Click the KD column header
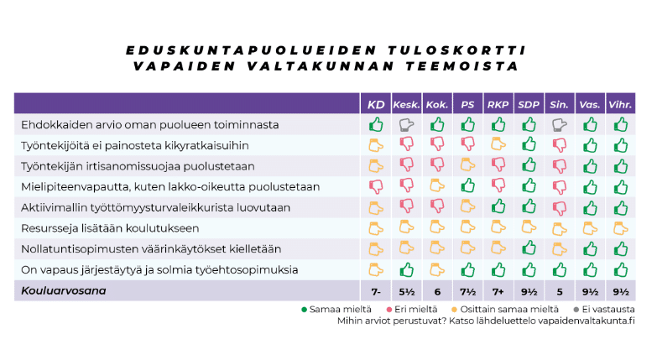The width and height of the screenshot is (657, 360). coord(376,104)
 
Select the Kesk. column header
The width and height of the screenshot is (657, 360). coord(407,104)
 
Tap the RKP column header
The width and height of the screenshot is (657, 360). coord(498,104)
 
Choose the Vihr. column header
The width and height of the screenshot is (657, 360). coord(620,104)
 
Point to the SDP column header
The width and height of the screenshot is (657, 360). coord(529,104)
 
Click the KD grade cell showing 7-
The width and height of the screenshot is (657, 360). coord(376,290)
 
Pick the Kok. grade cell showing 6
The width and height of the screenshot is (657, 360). coord(437,290)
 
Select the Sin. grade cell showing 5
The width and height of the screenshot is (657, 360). coord(559,290)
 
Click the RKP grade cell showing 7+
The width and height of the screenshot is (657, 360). coord(498,290)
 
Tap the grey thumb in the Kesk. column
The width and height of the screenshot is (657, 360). coord(407,124)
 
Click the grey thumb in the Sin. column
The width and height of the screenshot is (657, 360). coord(559,124)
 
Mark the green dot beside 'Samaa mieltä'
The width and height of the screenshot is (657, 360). coord(304,308)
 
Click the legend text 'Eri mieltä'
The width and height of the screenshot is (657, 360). coord(402,308)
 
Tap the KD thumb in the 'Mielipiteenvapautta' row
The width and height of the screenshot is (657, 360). coord(376,186)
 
